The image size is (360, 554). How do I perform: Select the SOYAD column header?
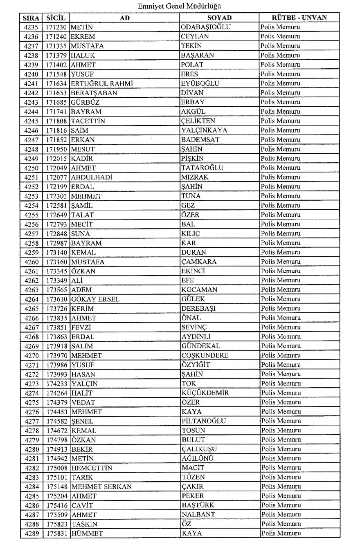point(219,18)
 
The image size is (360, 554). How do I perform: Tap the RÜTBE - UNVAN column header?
point(299,18)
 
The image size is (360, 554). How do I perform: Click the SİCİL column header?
point(56,18)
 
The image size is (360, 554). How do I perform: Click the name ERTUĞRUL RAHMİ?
point(97,83)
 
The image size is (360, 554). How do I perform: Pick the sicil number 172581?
point(56,206)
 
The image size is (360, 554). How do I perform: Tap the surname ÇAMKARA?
point(199,262)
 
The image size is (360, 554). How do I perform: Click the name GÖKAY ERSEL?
point(95,299)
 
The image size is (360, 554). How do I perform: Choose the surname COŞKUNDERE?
point(205,355)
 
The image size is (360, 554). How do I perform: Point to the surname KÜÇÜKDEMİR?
point(205,393)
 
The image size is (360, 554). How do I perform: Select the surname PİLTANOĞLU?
point(204,421)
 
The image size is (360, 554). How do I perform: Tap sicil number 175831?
point(56,534)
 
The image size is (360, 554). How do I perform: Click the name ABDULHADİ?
point(92,177)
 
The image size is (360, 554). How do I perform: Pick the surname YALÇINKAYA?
point(204,130)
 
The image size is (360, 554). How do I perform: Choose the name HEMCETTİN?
point(92,468)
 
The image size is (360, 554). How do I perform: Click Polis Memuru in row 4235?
point(280,27)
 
